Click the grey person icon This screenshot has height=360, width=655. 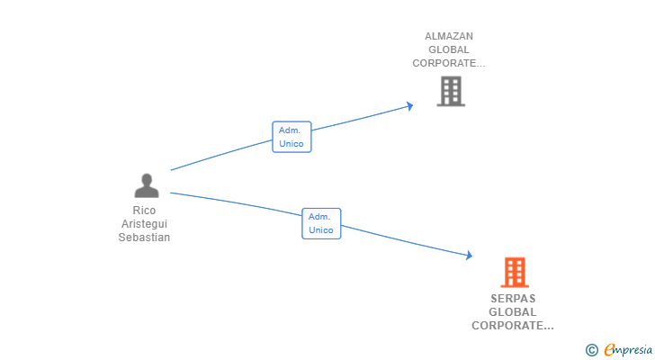[x=146, y=186]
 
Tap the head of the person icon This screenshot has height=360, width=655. [x=146, y=179]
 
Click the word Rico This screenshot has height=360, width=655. [x=144, y=211]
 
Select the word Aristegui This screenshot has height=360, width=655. [x=144, y=224]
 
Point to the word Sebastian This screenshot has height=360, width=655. [x=144, y=238]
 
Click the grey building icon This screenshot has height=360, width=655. [x=451, y=91]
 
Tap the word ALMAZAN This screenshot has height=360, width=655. [x=449, y=37]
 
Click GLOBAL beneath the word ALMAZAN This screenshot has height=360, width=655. [x=449, y=50]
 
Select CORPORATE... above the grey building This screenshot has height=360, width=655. [x=449, y=64]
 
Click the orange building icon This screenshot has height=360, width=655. [x=514, y=272]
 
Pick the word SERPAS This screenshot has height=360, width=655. [x=513, y=299]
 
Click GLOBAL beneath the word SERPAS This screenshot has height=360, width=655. [x=513, y=312]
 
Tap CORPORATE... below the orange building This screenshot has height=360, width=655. [x=513, y=326]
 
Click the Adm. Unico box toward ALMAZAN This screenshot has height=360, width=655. [x=292, y=137]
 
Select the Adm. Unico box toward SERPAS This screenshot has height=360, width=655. [x=321, y=223]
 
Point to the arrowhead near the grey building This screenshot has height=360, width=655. [x=410, y=106]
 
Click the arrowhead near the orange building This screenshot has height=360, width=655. [x=469, y=256]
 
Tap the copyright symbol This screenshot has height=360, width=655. [x=591, y=350]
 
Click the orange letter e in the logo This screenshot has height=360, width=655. [x=609, y=350]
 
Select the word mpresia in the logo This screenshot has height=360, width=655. [x=633, y=350]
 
